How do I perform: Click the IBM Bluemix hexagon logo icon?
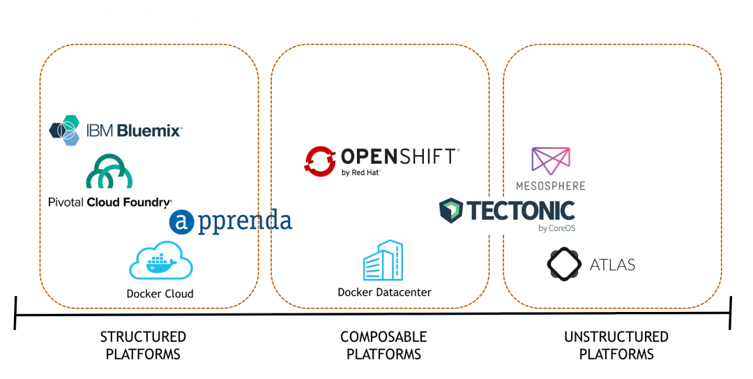(65, 131)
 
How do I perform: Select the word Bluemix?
(149, 131)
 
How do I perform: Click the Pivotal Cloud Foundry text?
(110, 202)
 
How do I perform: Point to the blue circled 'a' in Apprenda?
(181, 222)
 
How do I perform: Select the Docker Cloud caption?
(160, 294)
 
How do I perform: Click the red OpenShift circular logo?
(320, 160)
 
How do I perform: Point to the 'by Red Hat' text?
(360, 172)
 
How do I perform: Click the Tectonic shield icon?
(451, 210)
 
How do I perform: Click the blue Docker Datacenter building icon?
(383, 260)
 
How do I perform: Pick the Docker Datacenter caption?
(384, 292)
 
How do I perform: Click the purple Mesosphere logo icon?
(550, 161)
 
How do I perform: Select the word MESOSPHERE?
(550, 186)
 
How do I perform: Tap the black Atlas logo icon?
(564, 264)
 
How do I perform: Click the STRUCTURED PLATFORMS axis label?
(143, 345)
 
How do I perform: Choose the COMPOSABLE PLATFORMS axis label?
(383, 345)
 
